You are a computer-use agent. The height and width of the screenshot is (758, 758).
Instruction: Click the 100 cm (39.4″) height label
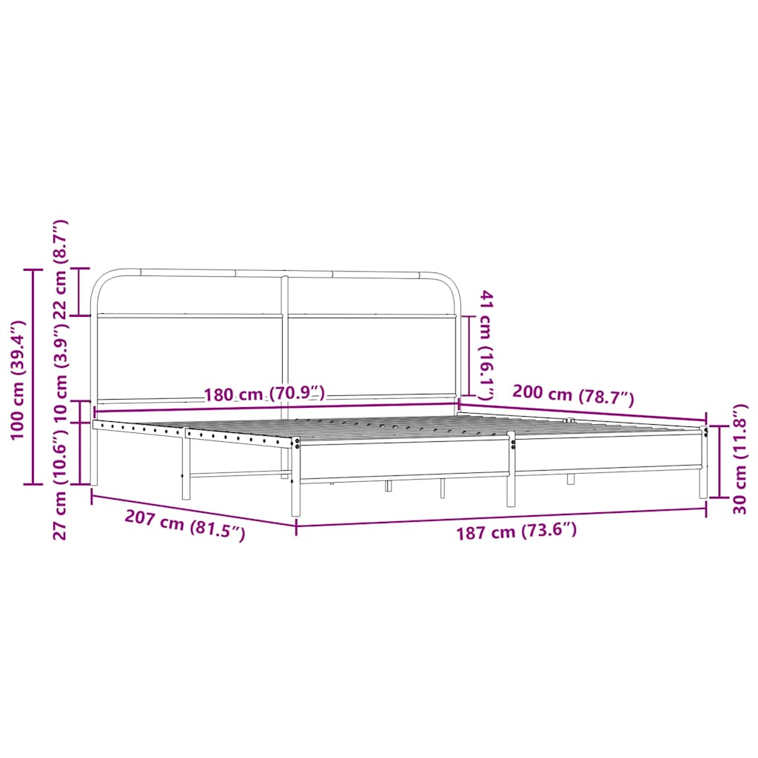pyautogui.click(x=19, y=380)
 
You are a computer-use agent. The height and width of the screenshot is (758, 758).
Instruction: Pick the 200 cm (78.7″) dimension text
pyautogui.click(x=574, y=397)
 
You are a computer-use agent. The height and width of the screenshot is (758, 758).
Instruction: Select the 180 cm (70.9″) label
pyautogui.click(x=264, y=394)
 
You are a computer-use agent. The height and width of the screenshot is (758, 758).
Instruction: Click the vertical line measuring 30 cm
pyautogui.click(x=719, y=463)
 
